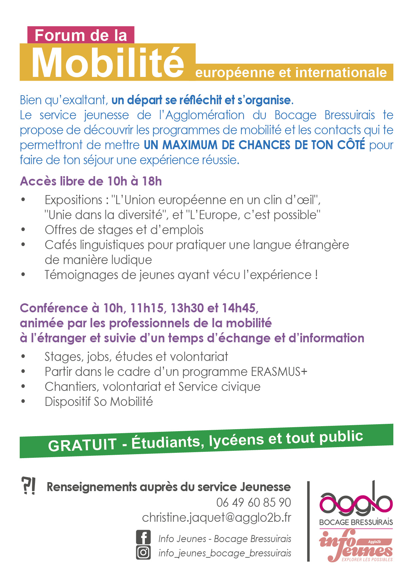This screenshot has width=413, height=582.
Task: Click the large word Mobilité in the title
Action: pyautogui.click(x=108, y=63)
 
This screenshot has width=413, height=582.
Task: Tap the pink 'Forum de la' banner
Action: pyautogui.click(x=81, y=35)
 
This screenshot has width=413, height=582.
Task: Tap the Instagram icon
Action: pyautogui.click(x=143, y=552)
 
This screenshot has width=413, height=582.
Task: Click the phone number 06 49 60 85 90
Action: pyautogui.click(x=253, y=502)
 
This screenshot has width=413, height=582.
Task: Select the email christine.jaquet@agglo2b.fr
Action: pyautogui.click(x=216, y=517)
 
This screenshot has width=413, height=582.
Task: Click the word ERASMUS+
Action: pyautogui.click(x=279, y=372)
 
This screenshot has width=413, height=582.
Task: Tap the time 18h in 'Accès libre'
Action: pyautogui.click(x=152, y=181)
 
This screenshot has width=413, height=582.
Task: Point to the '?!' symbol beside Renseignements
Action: pyautogui.click(x=28, y=486)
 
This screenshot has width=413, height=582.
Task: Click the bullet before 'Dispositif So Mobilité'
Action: pyautogui.click(x=23, y=401)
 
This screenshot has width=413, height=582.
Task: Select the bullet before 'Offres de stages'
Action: pyautogui.click(x=23, y=229)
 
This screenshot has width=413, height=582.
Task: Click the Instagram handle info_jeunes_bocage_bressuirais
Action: pyautogui.click(x=225, y=553)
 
